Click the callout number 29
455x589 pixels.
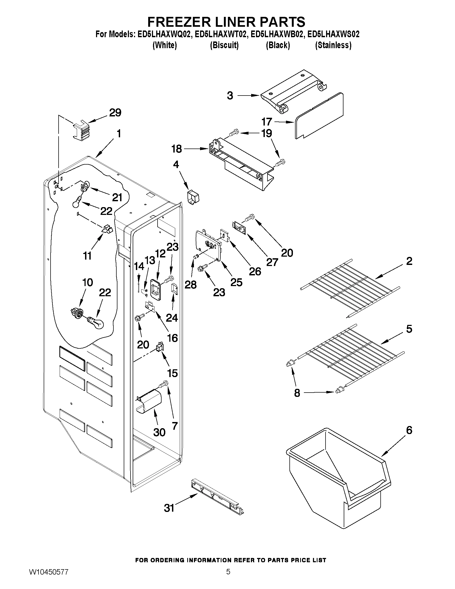point(115,112)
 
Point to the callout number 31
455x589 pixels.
point(169,508)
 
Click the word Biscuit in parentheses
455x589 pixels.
point(224,45)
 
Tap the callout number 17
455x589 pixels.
point(267,122)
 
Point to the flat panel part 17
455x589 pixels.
point(319,116)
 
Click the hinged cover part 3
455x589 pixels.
point(294,92)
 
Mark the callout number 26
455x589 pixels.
point(255,271)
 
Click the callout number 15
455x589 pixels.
point(172,373)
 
